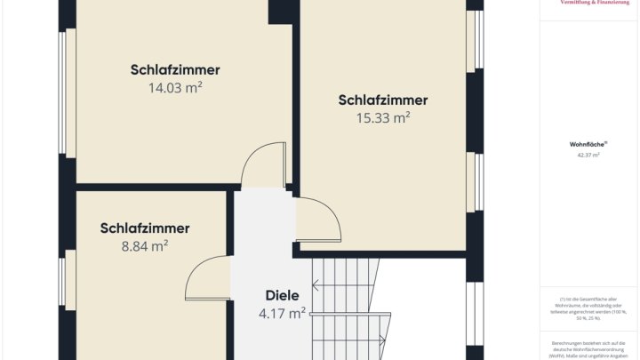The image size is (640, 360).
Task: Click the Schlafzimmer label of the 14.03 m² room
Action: (175, 69)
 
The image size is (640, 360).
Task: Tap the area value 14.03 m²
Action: (175, 87)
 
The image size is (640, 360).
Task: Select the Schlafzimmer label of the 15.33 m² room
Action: (383, 100)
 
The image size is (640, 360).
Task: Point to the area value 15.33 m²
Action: (383, 117)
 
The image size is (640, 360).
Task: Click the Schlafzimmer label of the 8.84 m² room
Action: (145, 228)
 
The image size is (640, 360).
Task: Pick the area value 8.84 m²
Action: (145, 246)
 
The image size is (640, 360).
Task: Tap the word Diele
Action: (283, 295)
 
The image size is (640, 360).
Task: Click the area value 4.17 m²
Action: (283, 313)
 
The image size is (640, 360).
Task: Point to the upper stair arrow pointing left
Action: (342, 284)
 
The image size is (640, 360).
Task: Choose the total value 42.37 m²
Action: (588, 155)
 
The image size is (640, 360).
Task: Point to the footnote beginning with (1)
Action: (588, 306)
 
